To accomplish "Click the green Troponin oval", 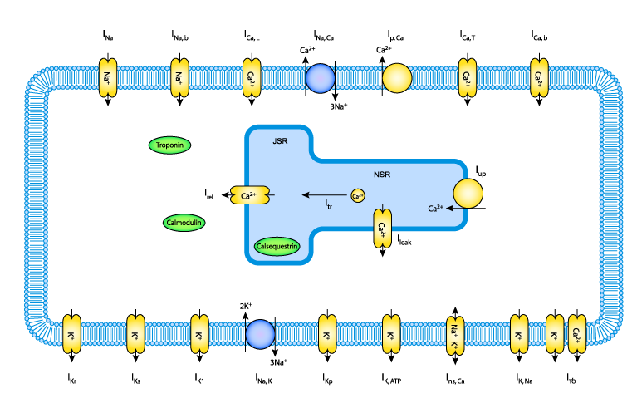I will pos(170,145).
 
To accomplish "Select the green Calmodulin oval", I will pos(184,223).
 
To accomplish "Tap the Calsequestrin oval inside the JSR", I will pos(277,247).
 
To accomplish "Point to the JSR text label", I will pos(280,141).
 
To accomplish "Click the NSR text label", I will pos(382,175).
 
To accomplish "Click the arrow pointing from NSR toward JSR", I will pos(323,194).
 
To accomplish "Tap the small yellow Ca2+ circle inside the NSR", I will pos(357,196).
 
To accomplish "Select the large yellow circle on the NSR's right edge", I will pos(468,193).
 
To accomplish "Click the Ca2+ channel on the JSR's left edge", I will pos(249,196).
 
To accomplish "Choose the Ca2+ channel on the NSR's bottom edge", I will pos(382,228).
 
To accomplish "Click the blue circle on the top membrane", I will pos(321,78).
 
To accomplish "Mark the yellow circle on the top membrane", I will pos(397,78).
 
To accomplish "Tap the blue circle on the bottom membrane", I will pos(260,334).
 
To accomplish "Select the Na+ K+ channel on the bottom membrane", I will pos(455,335).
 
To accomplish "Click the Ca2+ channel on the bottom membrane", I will pos(576,334).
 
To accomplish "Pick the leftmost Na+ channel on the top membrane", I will pos(108,78).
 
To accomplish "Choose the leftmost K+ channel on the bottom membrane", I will pos(71,334).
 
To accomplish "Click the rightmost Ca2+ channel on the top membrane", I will pos(539,78).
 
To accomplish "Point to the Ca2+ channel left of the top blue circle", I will pos(252,78).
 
